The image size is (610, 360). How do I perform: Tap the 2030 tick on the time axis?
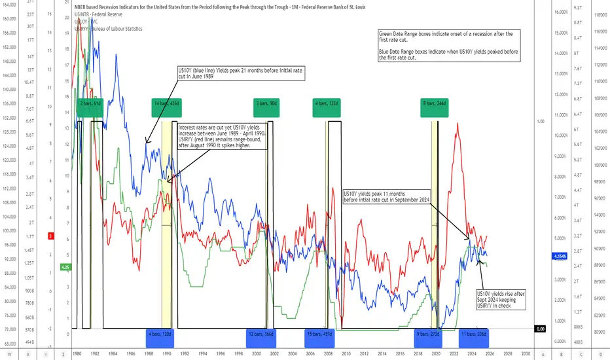point(525,352)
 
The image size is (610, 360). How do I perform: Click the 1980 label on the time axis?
point(77,352)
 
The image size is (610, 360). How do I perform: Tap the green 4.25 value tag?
point(65,266)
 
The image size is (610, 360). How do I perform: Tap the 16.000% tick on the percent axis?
point(564,12)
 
